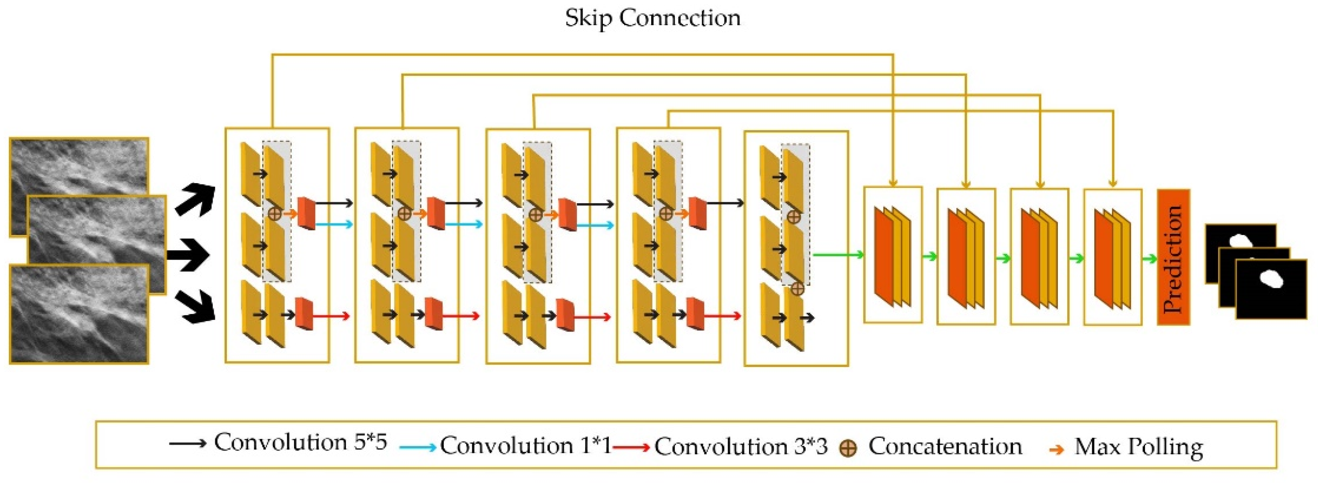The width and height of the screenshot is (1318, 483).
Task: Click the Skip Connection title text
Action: [652, 18]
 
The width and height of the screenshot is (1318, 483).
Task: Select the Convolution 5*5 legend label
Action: [300, 443]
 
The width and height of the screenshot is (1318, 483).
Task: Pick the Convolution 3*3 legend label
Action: [740, 447]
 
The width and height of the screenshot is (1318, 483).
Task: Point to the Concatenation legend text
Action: [945, 446]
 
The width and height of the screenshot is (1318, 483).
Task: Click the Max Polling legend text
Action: [1138, 447]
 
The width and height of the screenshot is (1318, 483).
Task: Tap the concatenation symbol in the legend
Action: [848, 449]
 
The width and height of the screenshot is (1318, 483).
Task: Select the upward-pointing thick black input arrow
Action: [195, 200]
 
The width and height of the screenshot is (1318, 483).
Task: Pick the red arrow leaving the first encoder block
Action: [331, 316]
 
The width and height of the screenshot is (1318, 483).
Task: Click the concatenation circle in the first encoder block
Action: [275, 214]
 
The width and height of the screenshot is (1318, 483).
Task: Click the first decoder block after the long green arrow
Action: [893, 255]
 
